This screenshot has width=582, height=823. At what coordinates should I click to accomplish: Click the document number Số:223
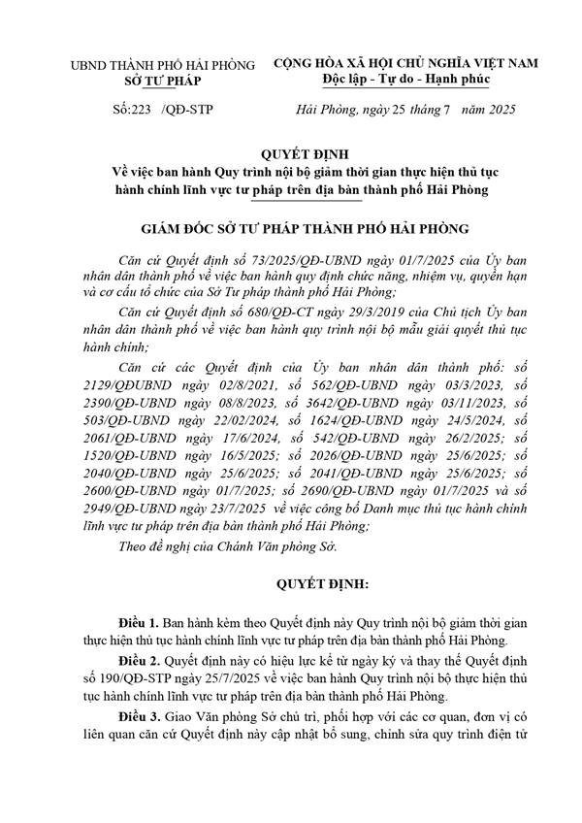tap(133, 111)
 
